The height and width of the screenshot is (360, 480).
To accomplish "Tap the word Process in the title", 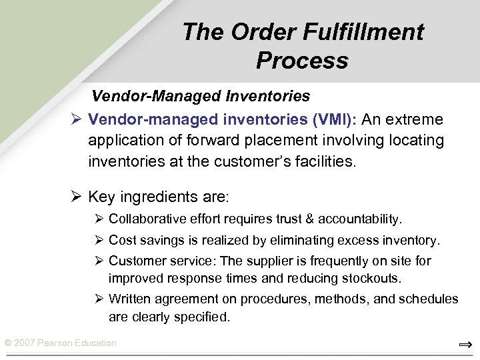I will (301, 61).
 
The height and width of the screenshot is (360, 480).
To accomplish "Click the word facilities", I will (325, 162).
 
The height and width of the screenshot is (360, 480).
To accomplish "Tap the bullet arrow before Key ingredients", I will (76, 197).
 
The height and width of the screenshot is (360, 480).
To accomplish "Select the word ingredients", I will (160, 197).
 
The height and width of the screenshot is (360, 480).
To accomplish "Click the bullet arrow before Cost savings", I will (99, 240).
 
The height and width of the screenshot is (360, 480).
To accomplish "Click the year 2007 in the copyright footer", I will (25, 343).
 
